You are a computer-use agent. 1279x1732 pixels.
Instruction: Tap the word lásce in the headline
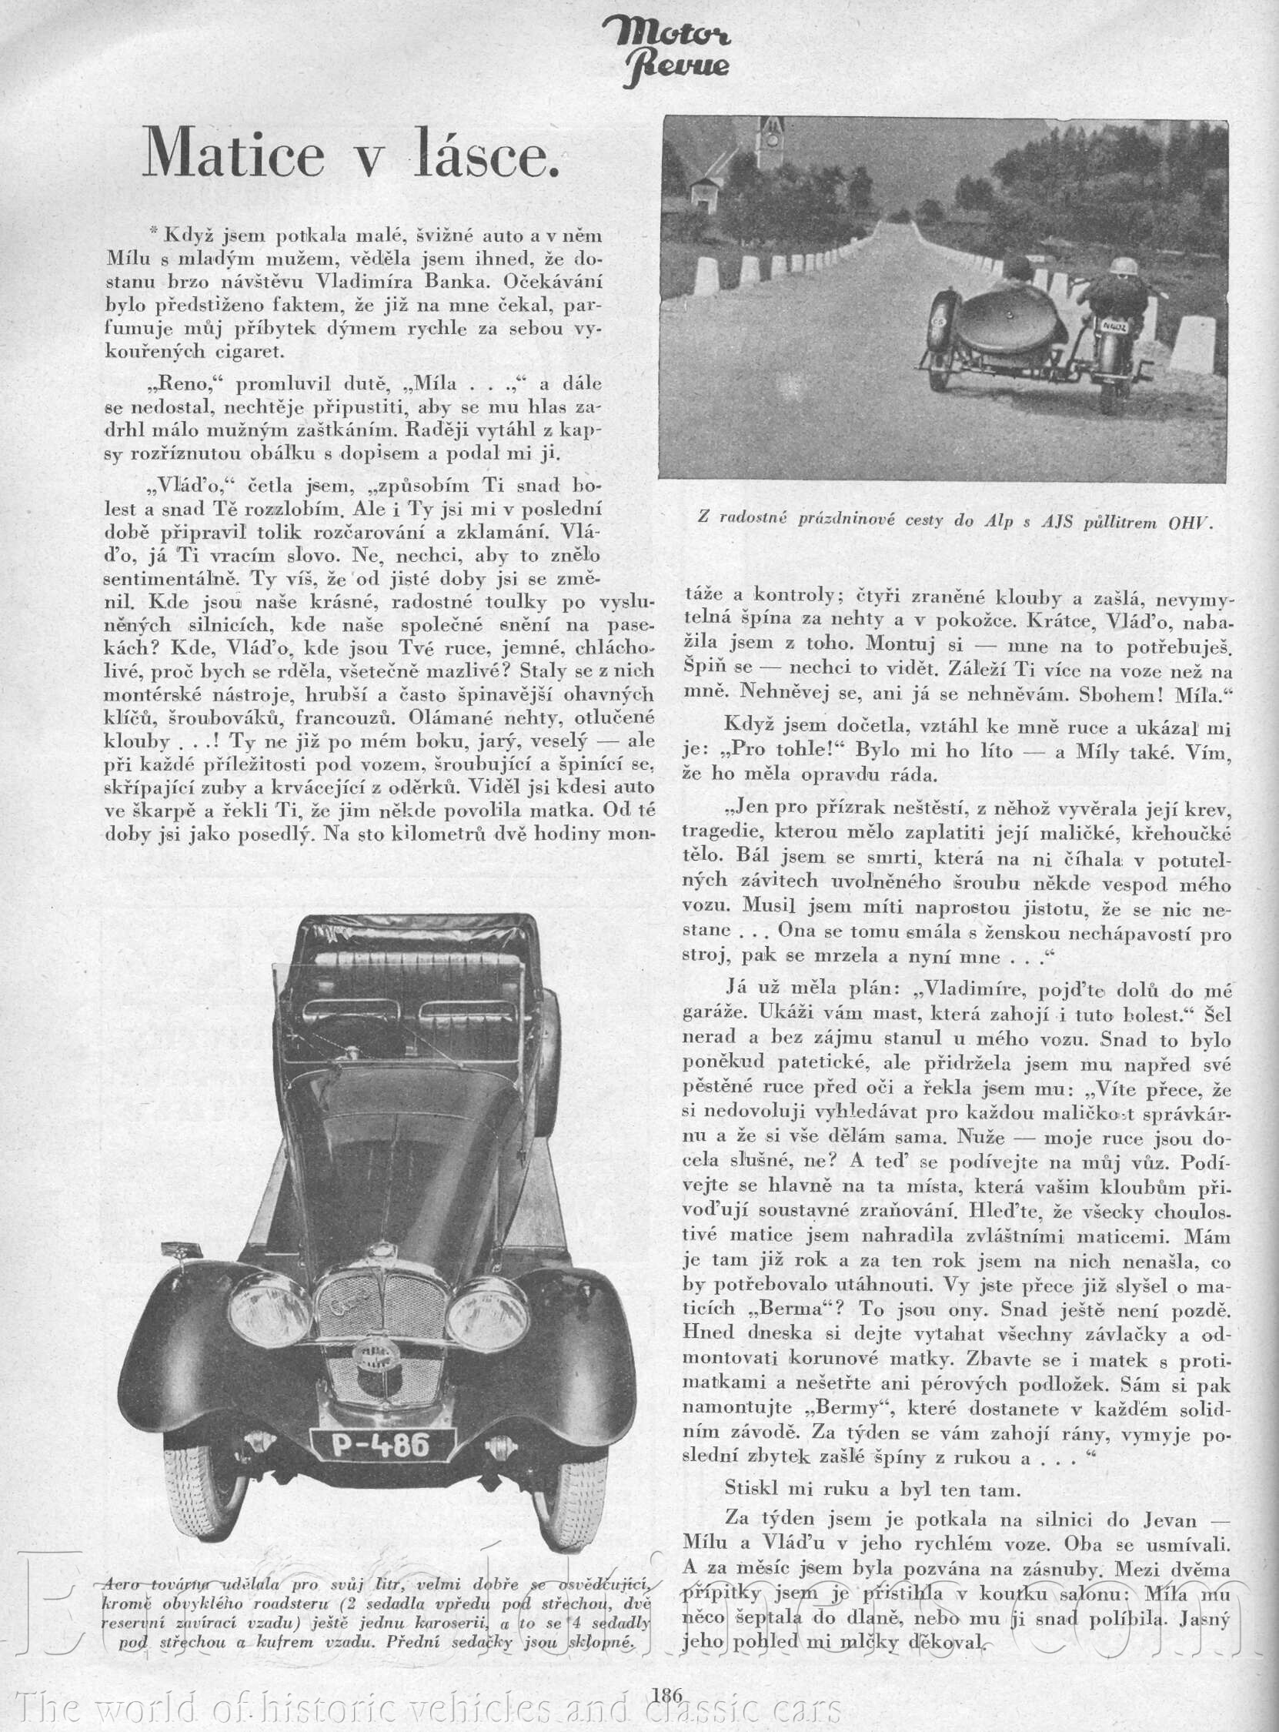click(481, 153)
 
